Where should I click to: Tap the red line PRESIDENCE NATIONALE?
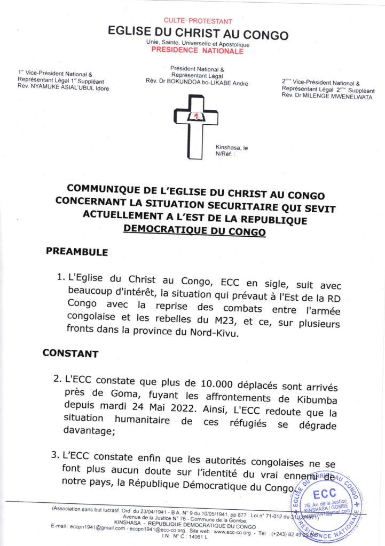198,51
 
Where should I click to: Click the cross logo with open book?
195,125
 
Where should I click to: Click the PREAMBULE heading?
77,252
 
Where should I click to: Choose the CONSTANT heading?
70,353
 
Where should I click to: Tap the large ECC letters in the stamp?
325,493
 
